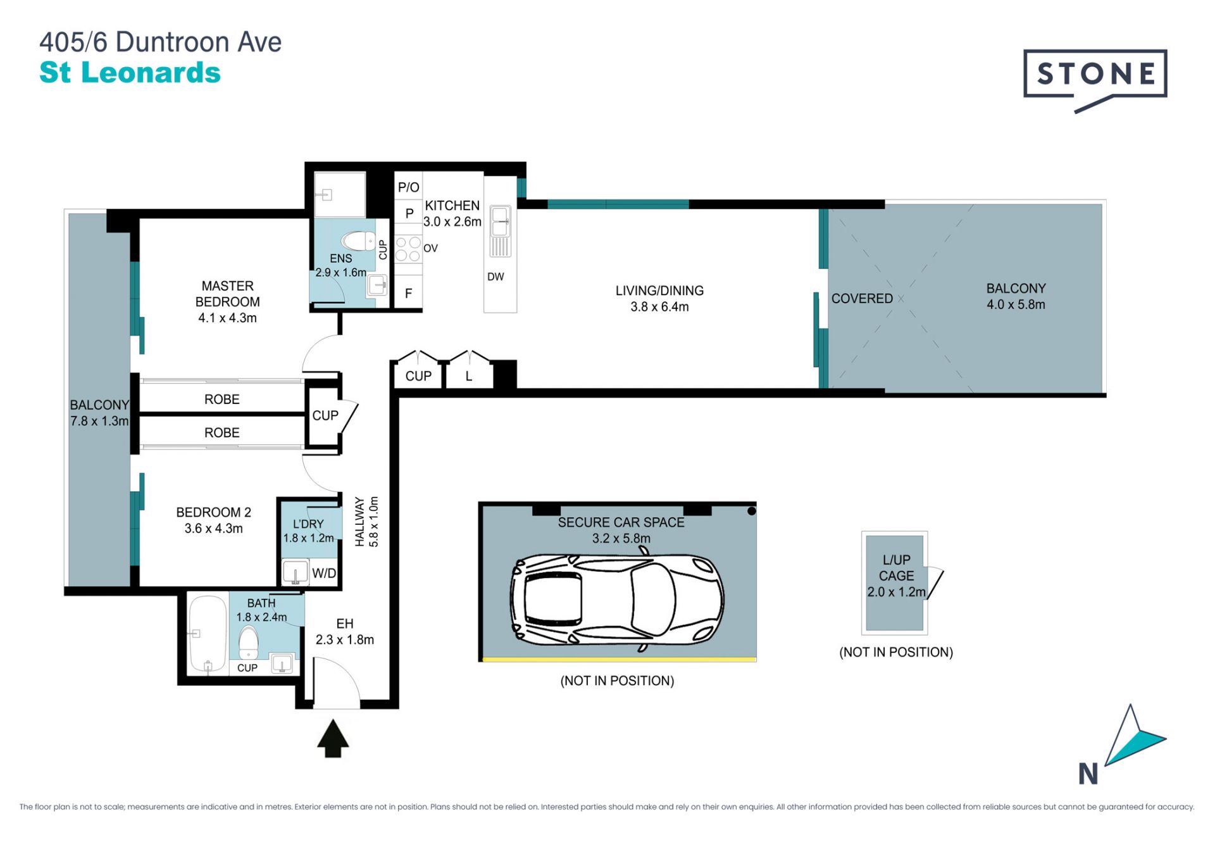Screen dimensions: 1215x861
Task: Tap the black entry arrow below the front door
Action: [333, 738]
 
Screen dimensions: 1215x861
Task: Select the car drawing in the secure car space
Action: [617, 600]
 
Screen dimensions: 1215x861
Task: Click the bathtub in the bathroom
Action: [208, 634]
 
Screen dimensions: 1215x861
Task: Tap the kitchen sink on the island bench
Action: [501, 231]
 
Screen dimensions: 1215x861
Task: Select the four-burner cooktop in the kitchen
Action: [408, 249]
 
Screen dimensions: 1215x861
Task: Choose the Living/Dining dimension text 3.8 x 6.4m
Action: [659, 307]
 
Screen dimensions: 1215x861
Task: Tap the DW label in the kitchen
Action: [495, 277]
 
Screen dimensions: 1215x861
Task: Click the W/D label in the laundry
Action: [324, 573]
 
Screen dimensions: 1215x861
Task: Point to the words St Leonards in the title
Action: [130, 73]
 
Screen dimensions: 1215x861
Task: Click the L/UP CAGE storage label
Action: [897, 568]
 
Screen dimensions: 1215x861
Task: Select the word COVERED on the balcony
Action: [862, 298]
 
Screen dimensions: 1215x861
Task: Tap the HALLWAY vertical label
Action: [360, 522]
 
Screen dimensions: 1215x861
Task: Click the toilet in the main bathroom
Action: [249, 643]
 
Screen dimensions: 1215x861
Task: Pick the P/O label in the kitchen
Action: [408, 187]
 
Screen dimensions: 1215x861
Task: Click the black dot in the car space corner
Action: [751, 511]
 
